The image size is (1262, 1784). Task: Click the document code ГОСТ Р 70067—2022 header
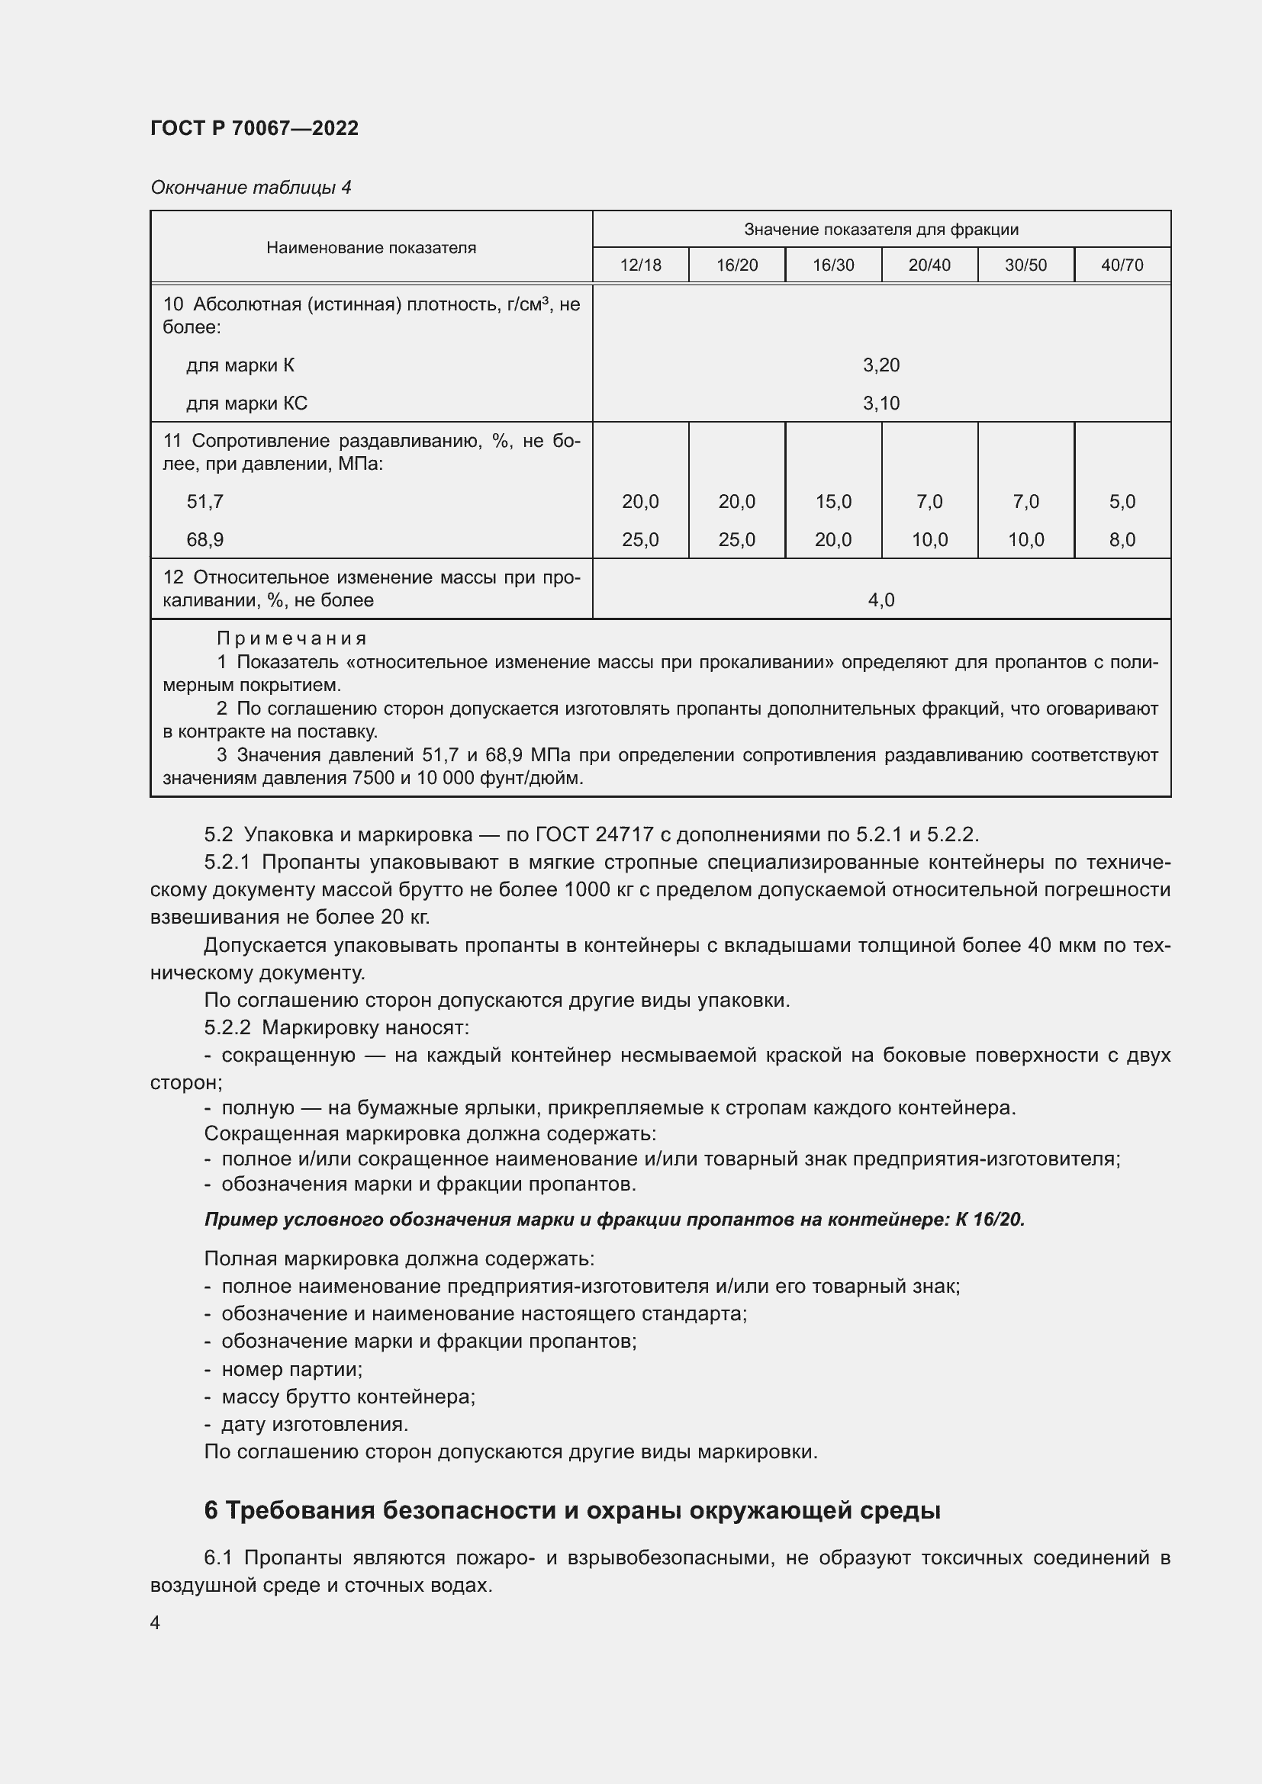pyautogui.click(x=254, y=128)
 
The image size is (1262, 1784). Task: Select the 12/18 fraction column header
pyautogui.click(x=640, y=265)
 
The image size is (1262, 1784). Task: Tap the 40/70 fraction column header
pyautogui.click(x=1122, y=265)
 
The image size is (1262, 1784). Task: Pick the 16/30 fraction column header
pyautogui.click(x=833, y=265)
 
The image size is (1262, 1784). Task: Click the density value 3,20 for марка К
pyautogui.click(x=881, y=365)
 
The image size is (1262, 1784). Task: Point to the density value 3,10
pyautogui.click(x=881, y=403)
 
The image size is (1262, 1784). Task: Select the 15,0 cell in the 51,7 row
pyautogui.click(x=833, y=502)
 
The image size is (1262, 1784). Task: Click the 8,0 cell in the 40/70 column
pyautogui.click(x=1122, y=540)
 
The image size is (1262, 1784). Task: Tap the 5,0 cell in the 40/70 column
pyautogui.click(x=1122, y=502)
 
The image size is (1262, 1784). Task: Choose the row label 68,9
pyautogui.click(x=205, y=540)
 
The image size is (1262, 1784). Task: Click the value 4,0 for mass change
pyautogui.click(x=881, y=599)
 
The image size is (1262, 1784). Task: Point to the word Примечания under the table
pyautogui.click(x=291, y=638)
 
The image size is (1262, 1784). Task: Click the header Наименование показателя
pyautogui.click(x=371, y=248)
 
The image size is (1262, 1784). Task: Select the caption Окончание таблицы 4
pyautogui.click(x=250, y=188)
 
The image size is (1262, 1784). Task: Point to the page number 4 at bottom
pyautogui.click(x=156, y=1623)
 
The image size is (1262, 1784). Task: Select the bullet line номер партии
pyautogui.click(x=291, y=1369)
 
